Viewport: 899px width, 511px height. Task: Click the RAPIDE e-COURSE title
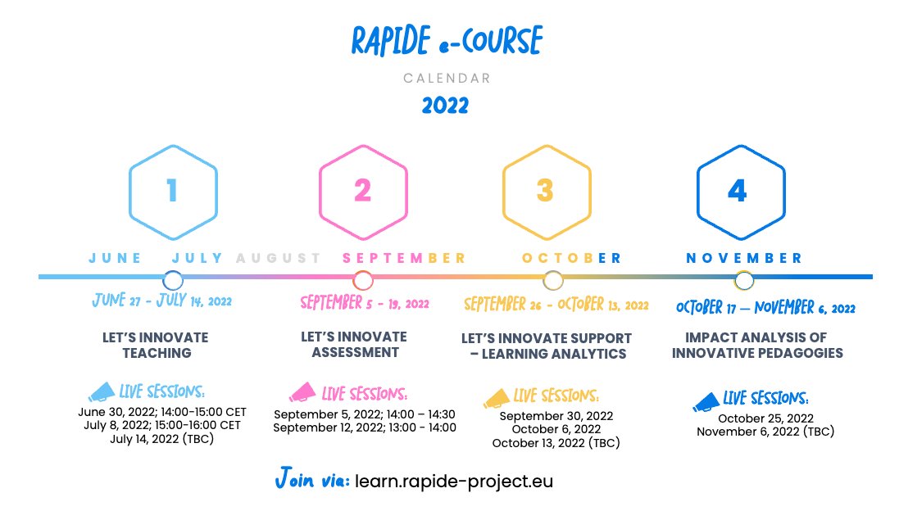[447, 42]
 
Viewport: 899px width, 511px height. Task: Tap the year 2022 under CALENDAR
[446, 106]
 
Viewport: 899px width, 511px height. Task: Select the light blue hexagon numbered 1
[172, 191]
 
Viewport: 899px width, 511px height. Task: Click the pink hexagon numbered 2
[362, 191]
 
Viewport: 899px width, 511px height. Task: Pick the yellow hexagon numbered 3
[545, 191]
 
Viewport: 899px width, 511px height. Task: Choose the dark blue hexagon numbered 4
[738, 191]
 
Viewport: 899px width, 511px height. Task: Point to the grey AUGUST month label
[279, 258]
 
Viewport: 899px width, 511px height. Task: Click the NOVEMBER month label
[744, 258]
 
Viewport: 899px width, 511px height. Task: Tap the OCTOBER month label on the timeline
[571, 258]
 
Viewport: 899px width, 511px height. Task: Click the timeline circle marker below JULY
[173, 280]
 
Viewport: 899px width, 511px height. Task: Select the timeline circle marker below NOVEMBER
[744, 280]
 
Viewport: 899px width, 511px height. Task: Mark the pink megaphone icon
[302, 392]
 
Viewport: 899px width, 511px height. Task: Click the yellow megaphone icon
[497, 398]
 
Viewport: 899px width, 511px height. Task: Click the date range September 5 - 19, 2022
[365, 304]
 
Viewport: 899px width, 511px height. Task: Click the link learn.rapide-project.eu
[454, 481]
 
